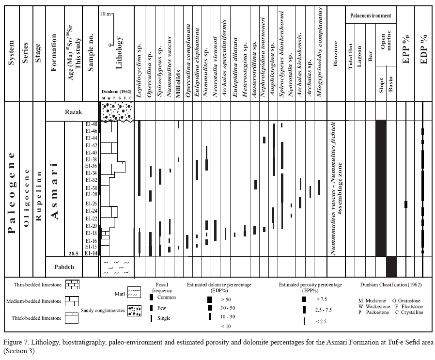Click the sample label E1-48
(x=91, y=124)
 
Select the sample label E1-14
(x=91, y=253)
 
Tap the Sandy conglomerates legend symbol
(x=134, y=311)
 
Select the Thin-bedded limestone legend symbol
(x=72, y=284)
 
